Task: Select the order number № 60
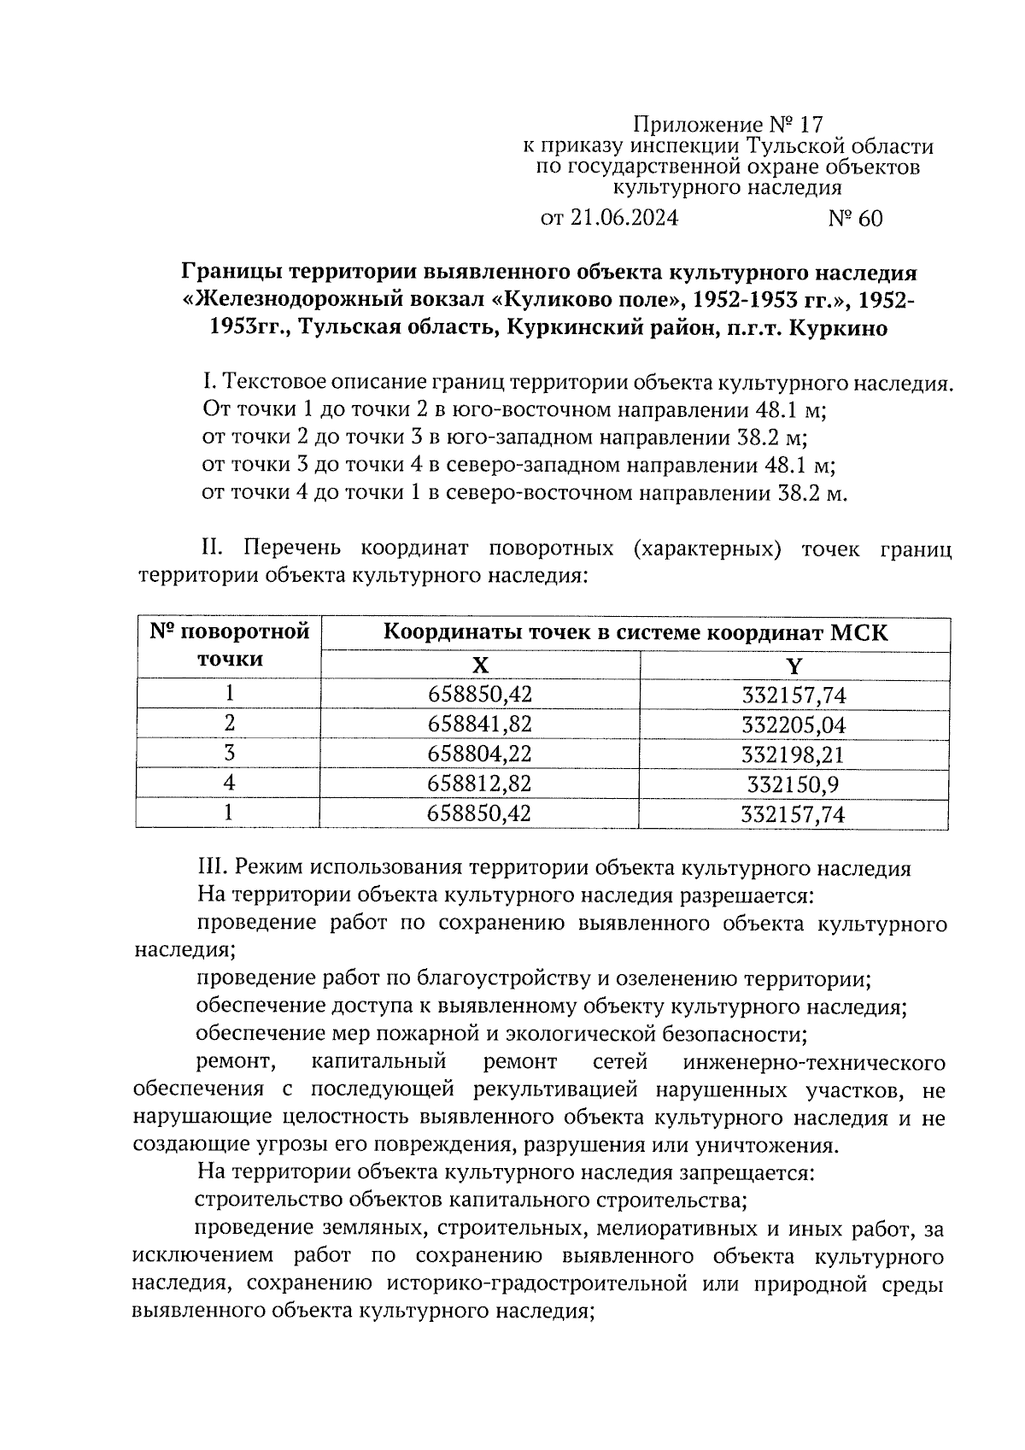coord(855,219)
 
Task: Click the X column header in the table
coord(481,666)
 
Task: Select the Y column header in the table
coord(794,666)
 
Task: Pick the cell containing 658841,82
coord(480,725)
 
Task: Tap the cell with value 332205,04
coord(794,725)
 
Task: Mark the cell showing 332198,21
coord(794,755)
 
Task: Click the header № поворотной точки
coord(229,646)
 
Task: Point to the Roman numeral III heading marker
coord(210,869)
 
